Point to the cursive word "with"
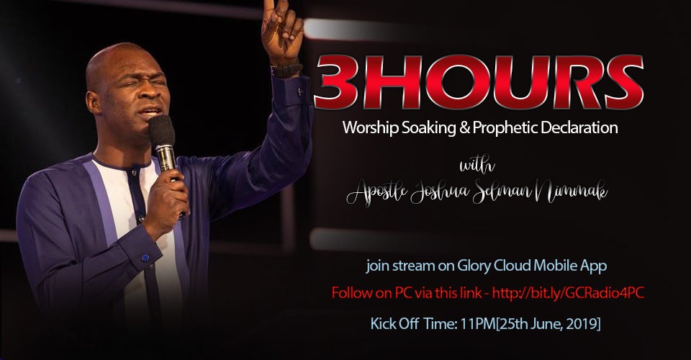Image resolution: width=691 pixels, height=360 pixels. tap(477, 165)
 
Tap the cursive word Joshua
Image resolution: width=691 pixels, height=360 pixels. tap(439, 192)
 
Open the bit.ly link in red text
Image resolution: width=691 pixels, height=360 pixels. tap(568, 293)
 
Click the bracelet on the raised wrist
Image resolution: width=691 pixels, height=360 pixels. tap(286, 70)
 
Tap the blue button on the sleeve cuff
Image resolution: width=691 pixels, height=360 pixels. tap(145, 257)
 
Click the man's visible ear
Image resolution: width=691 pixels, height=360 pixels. tap(94, 102)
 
